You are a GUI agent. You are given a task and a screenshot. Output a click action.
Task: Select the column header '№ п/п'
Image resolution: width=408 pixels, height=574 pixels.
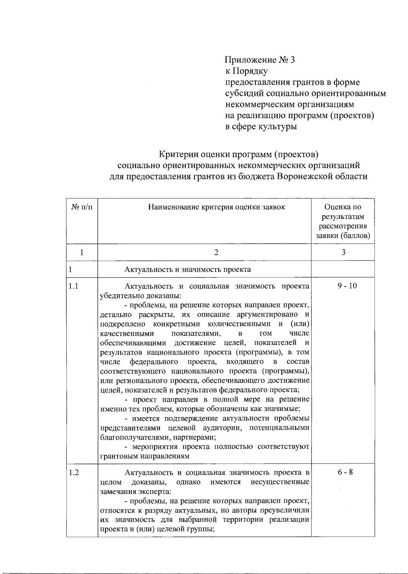point(82,207)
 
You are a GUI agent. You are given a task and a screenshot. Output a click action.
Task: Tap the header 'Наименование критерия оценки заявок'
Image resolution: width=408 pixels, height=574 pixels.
point(217,207)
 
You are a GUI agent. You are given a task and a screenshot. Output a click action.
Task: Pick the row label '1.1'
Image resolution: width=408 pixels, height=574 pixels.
point(73,286)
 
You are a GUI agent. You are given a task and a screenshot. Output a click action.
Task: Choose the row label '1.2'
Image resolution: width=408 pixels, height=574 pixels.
point(74,473)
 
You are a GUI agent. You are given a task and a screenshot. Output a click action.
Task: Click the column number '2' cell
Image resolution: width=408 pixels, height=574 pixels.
point(216,252)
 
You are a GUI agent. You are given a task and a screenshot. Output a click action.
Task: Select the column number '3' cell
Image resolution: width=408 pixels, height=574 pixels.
point(343,252)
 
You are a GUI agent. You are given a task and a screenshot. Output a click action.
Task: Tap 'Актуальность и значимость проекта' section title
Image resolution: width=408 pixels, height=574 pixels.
point(188,269)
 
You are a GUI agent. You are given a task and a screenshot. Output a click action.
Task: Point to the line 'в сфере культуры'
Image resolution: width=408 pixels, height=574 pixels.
point(261,127)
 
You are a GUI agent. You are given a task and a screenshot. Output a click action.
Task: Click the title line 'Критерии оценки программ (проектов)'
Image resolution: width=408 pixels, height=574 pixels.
point(239,154)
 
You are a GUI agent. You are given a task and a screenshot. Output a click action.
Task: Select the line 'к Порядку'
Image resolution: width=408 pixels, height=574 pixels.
point(247,71)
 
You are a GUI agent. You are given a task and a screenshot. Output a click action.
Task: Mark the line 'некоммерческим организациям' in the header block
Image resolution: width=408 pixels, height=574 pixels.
point(290,104)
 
